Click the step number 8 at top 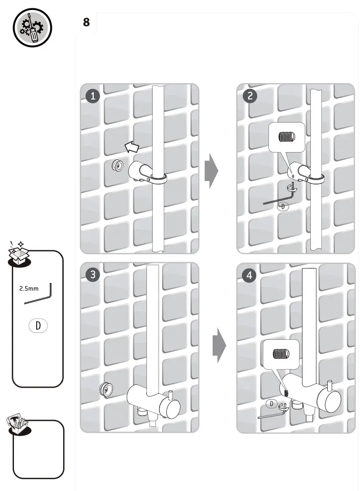(x=86, y=22)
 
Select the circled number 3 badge (x=93, y=275)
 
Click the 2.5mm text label (x=29, y=289)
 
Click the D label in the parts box (x=38, y=325)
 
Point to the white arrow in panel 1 (x=132, y=147)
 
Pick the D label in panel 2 (x=283, y=206)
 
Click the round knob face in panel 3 (x=169, y=409)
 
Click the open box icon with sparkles (x=19, y=255)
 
